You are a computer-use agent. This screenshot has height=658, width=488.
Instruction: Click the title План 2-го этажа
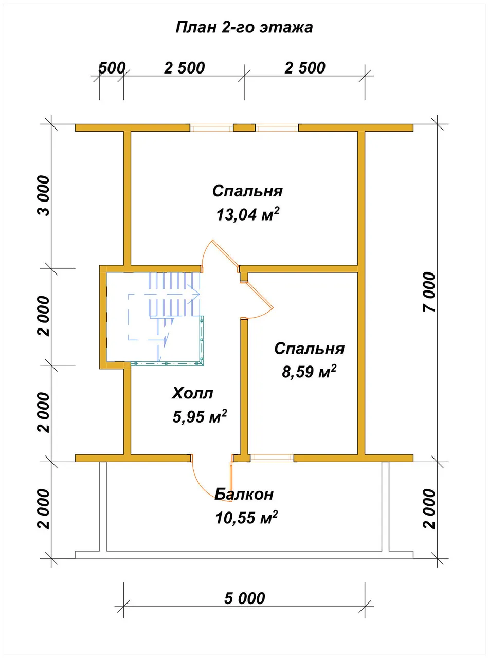pyautogui.click(x=244, y=28)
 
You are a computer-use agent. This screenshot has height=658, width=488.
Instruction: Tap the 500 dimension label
pyautogui.click(x=112, y=68)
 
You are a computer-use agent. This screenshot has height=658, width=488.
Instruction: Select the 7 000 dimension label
pyautogui.click(x=429, y=292)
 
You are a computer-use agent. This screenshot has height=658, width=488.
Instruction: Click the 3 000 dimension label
pyautogui.click(x=44, y=196)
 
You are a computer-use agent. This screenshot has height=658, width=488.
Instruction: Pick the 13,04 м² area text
pyautogui.click(x=247, y=214)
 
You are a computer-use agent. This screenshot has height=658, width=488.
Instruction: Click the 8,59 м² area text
pyautogui.click(x=309, y=371)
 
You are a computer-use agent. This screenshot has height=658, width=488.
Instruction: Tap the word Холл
pyautogui.click(x=192, y=393)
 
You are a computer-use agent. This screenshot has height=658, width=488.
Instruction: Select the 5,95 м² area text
pyautogui.click(x=200, y=416)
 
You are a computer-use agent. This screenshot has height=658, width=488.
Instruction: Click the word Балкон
pyautogui.click(x=244, y=494)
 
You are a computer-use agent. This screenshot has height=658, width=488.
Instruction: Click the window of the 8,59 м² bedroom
pyautogui.click(x=272, y=458)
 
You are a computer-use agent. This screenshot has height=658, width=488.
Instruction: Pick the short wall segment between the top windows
pyautogui.click(x=244, y=127)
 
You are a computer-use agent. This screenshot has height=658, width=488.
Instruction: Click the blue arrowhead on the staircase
pyautogui.click(x=196, y=294)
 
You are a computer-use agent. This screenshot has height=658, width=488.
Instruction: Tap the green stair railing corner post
pyautogui.click(x=202, y=363)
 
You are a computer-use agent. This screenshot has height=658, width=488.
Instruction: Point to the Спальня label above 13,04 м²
pyautogui.click(x=247, y=191)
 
